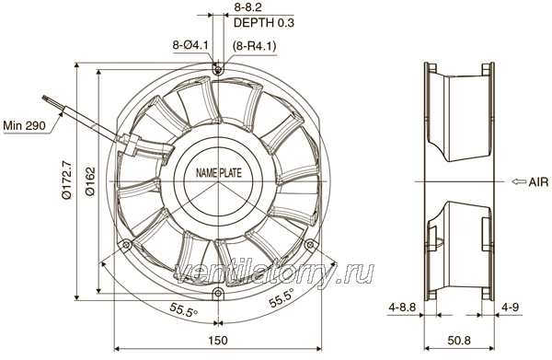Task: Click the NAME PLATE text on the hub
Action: (x=219, y=173)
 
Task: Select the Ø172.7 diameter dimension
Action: (x=66, y=180)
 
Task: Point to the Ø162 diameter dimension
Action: (x=90, y=181)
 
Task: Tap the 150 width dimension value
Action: (x=218, y=341)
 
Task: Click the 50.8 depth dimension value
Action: (x=459, y=341)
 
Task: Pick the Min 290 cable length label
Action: (x=24, y=125)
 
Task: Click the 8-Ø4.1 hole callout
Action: (x=190, y=45)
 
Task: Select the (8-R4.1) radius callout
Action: (x=254, y=46)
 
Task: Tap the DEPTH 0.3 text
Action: (x=264, y=23)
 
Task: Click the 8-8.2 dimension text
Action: (x=247, y=7)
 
